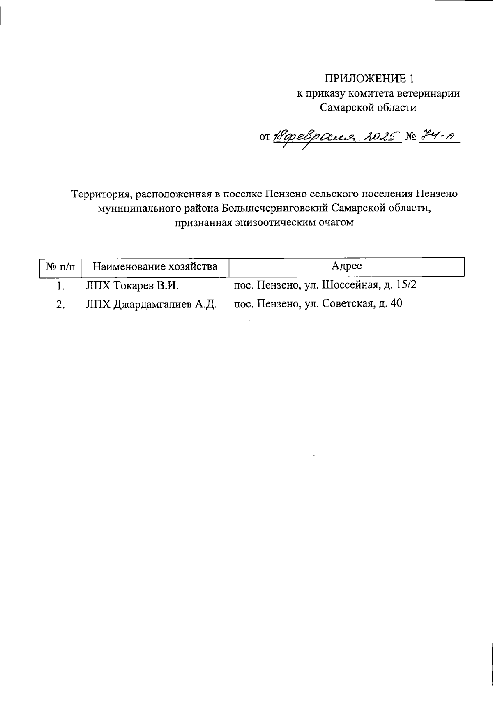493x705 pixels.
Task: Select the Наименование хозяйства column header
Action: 155,267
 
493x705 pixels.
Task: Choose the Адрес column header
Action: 346,266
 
